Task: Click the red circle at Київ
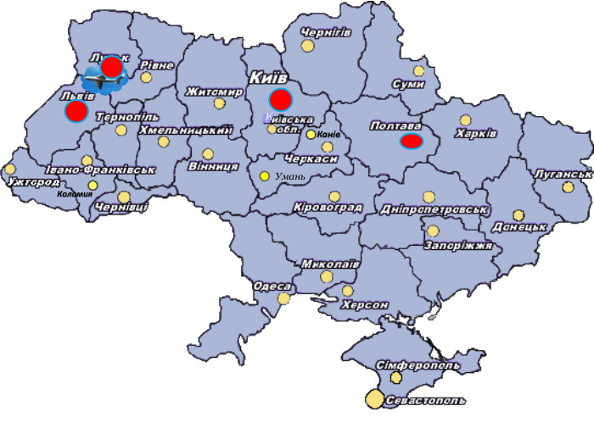[281, 99]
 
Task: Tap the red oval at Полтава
[412, 141]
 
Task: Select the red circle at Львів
[76, 111]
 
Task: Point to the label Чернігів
[326, 32]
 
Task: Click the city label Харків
[476, 134]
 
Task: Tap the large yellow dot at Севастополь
[374, 398]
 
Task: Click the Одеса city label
[272, 286]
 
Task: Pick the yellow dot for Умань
[264, 176]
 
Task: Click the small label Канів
[328, 135]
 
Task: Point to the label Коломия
[75, 194]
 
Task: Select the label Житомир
[215, 91]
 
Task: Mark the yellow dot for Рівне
[146, 77]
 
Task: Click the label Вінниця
[213, 166]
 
